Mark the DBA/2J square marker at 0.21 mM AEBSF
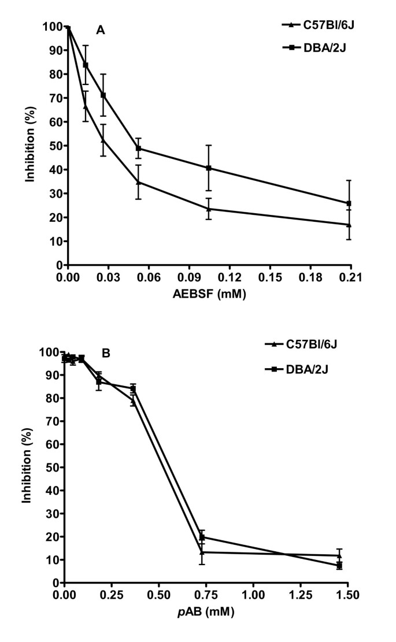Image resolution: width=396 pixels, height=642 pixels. point(348,203)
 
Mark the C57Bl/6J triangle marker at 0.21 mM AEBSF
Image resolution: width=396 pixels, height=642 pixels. point(348,224)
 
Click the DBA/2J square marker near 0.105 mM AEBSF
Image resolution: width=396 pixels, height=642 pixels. point(208,168)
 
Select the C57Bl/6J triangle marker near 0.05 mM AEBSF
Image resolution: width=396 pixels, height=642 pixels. point(138,182)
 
